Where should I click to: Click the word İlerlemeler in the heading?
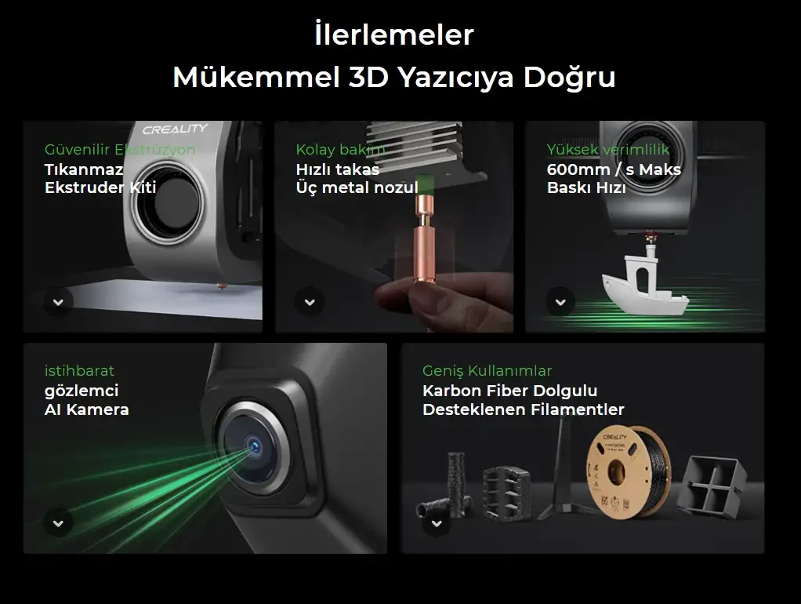pyautogui.click(x=394, y=35)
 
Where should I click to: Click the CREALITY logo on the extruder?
pyautogui.click(x=175, y=129)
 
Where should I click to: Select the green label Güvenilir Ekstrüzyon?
pyautogui.click(x=120, y=149)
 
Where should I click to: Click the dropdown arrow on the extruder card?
pyautogui.click(x=58, y=302)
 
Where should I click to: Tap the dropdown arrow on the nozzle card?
pyautogui.click(x=310, y=302)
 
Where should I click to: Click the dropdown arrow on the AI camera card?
pyautogui.click(x=58, y=524)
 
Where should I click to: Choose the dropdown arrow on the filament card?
pyautogui.click(x=437, y=524)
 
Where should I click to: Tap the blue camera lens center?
pyautogui.click(x=254, y=447)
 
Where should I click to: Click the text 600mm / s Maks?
pyautogui.click(x=614, y=169)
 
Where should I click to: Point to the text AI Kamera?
pyautogui.click(x=86, y=409)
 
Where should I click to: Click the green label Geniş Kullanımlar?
pyautogui.click(x=487, y=371)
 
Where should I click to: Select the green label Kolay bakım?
pyautogui.click(x=340, y=149)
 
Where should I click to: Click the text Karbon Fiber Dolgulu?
pyautogui.click(x=509, y=391)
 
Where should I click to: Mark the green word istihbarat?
pyautogui.click(x=79, y=371)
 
